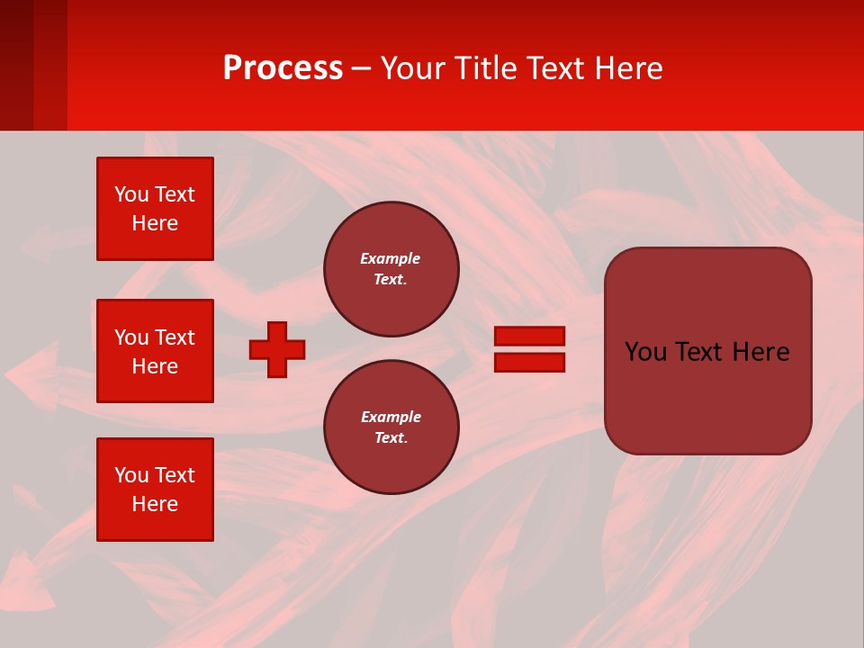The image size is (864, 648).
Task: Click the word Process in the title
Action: [283, 68]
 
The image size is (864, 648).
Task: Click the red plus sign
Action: [277, 349]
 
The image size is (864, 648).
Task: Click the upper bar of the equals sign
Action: [529, 336]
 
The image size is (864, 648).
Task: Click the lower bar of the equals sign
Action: [529, 362]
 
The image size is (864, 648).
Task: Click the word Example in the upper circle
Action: [391, 258]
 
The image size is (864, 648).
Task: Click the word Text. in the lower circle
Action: [391, 438]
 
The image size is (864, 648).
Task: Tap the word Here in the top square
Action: [155, 223]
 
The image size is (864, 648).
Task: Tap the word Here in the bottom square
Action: [155, 504]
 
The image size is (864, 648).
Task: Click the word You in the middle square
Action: [130, 337]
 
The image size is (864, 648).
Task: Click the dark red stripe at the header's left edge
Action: [16, 65]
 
